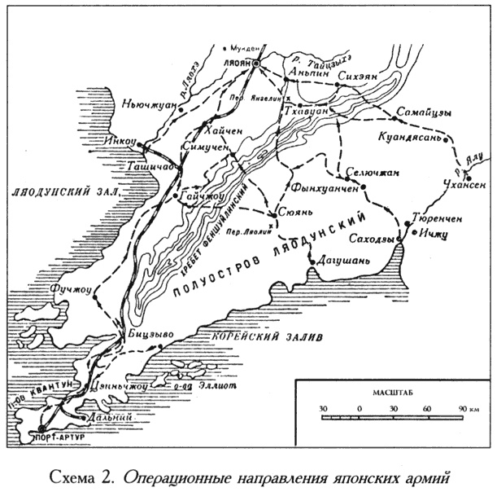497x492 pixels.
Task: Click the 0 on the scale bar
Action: (x=359, y=407)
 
